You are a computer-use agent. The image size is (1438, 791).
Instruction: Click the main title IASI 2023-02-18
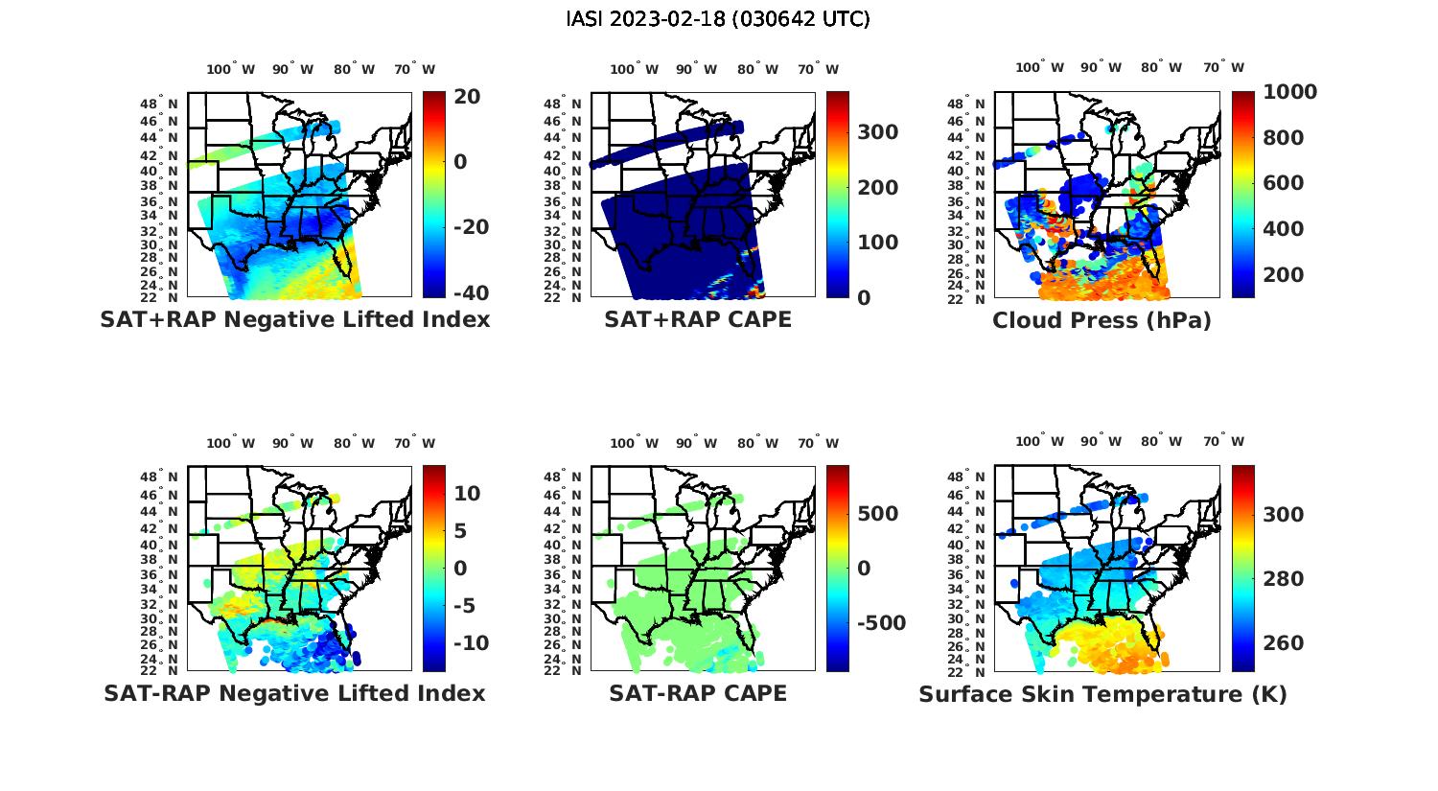tap(718, 19)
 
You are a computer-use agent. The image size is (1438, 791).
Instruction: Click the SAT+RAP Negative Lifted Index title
tap(294, 319)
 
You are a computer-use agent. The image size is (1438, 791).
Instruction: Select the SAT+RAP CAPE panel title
tap(698, 319)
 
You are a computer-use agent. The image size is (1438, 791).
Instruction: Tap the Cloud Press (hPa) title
tap(1102, 320)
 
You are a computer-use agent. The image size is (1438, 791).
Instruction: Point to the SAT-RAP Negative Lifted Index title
tap(294, 693)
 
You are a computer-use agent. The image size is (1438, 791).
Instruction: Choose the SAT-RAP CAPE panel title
tap(698, 693)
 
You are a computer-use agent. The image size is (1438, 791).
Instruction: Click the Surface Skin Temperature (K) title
tap(1102, 694)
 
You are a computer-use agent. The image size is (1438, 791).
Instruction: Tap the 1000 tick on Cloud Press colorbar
tap(1289, 92)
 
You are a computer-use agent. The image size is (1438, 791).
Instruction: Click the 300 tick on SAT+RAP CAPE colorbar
tap(877, 132)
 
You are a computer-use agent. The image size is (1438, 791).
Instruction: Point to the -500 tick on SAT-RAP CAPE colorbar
tap(879, 623)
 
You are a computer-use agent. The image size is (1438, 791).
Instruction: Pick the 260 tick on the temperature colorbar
tap(1284, 643)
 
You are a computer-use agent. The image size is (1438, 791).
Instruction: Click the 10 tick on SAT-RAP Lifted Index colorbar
tap(467, 494)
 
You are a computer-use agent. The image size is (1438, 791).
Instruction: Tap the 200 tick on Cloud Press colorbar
tap(1284, 275)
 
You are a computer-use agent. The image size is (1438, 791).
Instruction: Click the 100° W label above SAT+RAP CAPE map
tap(634, 69)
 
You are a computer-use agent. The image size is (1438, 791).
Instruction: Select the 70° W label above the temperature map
tap(1223, 442)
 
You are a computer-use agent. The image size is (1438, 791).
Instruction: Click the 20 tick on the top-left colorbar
tap(467, 97)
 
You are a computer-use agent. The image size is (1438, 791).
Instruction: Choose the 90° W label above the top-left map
tap(292, 69)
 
